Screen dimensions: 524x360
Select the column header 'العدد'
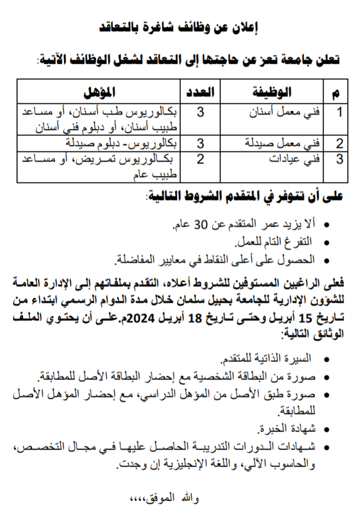pos(200,91)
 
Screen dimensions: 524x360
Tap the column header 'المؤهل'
pos(99,91)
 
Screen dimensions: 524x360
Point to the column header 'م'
pos(339,92)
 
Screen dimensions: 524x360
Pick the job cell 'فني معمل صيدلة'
pos(285,144)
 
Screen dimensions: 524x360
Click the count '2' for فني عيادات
pos(200,160)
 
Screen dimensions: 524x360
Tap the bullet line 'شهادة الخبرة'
pos(287,428)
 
